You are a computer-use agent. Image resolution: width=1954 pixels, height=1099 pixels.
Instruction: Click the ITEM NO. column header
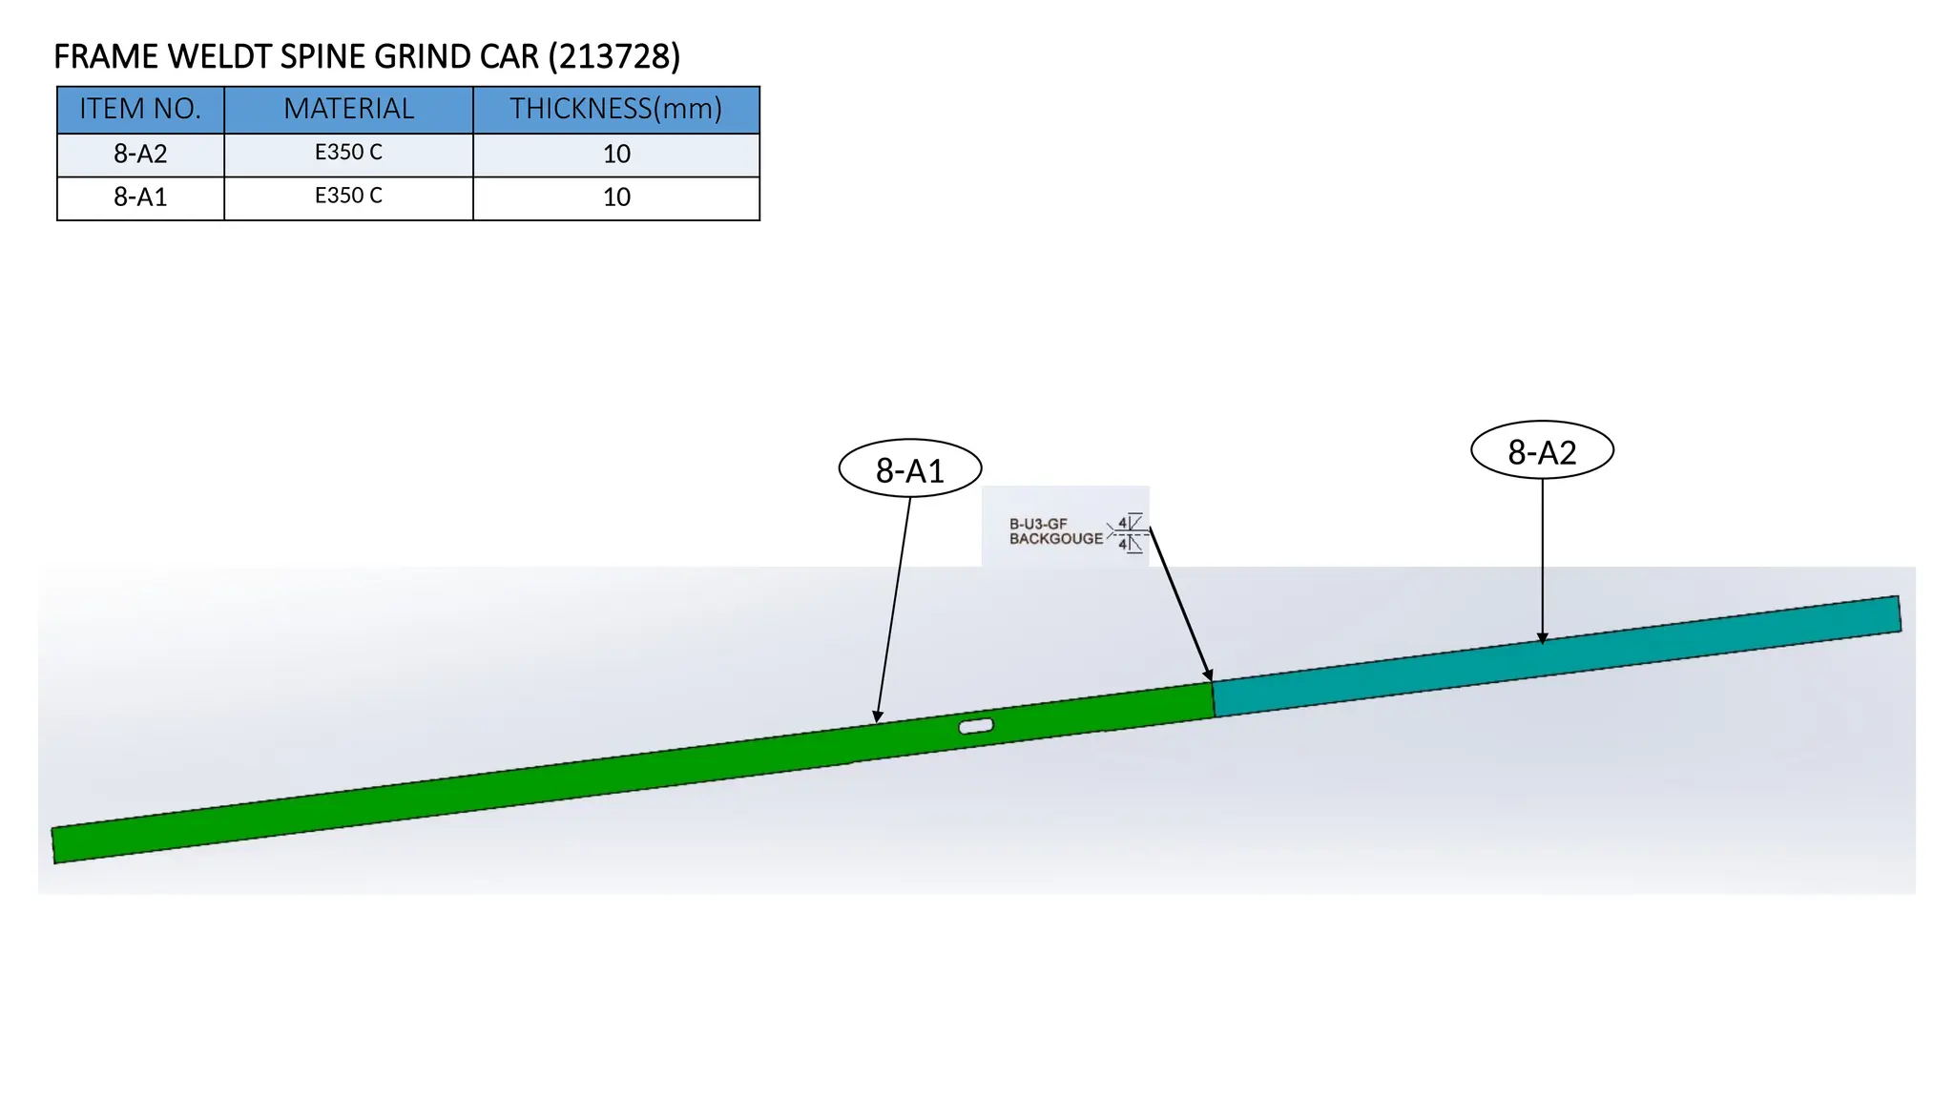coord(140,109)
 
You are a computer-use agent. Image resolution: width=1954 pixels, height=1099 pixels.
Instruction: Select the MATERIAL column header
coord(348,109)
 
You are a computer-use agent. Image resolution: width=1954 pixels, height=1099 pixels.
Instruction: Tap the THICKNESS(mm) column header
coord(615,109)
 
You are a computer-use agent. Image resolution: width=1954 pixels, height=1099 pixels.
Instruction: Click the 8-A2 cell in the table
coord(140,154)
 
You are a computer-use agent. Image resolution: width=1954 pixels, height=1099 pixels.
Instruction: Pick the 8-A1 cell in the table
coord(140,197)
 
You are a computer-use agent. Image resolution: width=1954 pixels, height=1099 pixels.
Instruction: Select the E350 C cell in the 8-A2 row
coord(348,153)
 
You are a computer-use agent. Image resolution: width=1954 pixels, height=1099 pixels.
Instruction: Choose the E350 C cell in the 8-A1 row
coord(348,196)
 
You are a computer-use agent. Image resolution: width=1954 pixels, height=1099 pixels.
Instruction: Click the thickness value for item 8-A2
coord(616,154)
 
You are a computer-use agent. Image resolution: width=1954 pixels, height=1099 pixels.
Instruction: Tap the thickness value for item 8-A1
coord(616,197)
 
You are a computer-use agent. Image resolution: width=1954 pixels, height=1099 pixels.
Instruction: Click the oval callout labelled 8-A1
coord(910,468)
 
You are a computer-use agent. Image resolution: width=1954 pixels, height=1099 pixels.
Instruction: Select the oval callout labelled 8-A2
coord(1542,450)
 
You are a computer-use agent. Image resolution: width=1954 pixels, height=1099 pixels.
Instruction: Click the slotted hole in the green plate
coord(976,726)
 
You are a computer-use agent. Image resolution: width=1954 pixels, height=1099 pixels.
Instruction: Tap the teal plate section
coord(1556,656)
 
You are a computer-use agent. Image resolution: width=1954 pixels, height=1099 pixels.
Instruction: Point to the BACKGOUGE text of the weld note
coord(1055,539)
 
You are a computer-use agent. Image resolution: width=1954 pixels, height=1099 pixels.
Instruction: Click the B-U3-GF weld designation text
coord(1038,524)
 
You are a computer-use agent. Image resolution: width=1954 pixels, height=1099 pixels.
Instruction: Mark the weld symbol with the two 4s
coord(1128,533)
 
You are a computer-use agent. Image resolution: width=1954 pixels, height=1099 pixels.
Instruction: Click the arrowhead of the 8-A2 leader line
coord(1542,638)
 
